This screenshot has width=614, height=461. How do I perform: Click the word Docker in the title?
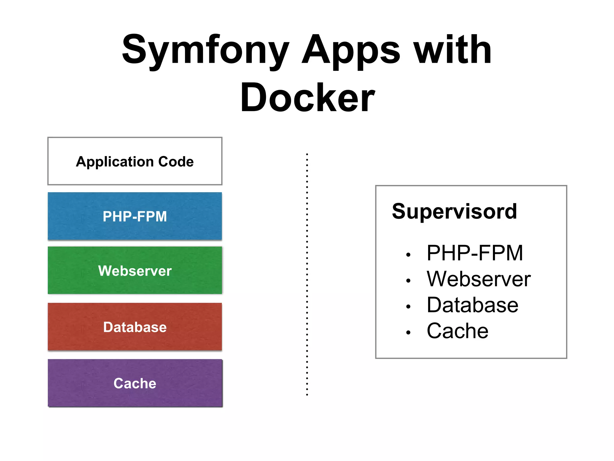[x=307, y=98]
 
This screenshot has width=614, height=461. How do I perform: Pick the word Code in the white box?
[x=176, y=162]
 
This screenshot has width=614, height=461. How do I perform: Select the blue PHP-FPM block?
[x=135, y=216]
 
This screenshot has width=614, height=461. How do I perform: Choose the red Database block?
[x=135, y=327]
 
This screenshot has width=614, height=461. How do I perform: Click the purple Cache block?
[x=135, y=383]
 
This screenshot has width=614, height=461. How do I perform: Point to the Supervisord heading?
[x=454, y=211]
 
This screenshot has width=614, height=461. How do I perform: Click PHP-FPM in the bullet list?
[x=475, y=253]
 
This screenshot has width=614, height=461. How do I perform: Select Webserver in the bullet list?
[x=478, y=279]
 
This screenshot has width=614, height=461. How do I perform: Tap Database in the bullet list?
[x=472, y=305]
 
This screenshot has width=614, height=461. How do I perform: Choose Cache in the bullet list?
[x=457, y=331]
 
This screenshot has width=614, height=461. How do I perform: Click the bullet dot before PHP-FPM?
[x=408, y=255]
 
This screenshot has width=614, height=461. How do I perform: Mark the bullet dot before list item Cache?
[x=408, y=333]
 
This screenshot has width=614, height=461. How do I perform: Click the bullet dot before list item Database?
[x=408, y=307]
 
